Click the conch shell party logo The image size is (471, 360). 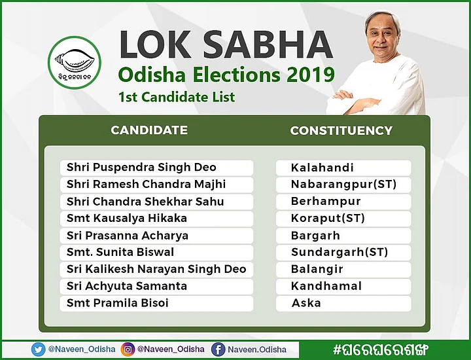(x=75, y=62)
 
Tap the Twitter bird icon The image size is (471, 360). (x=38, y=350)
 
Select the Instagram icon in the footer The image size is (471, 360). (x=128, y=350)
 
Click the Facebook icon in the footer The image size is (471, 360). (x=218, y=350)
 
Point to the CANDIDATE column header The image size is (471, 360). (x=149, y=130)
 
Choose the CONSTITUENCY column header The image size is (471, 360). (x=341, y=130)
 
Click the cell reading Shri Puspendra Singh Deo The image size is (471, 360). (x=156, y=168)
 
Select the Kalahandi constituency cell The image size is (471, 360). (x=343, y=168)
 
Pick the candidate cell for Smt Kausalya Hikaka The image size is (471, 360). (x=156, y=219)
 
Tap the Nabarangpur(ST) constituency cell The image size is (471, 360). (x=343, y=185)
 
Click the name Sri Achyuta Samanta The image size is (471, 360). (x=127, y=286)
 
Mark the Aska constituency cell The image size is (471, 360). (x=343, y=303)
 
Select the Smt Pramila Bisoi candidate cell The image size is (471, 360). (x=156, y=303)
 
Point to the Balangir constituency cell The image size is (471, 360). (x=343, y=269)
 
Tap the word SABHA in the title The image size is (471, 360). (x=268, y=44)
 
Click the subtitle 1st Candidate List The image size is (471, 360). (x=177, y=97)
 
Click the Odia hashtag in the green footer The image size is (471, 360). (x=380, y=350)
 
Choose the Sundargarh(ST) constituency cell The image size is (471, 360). (x=343, y=253)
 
